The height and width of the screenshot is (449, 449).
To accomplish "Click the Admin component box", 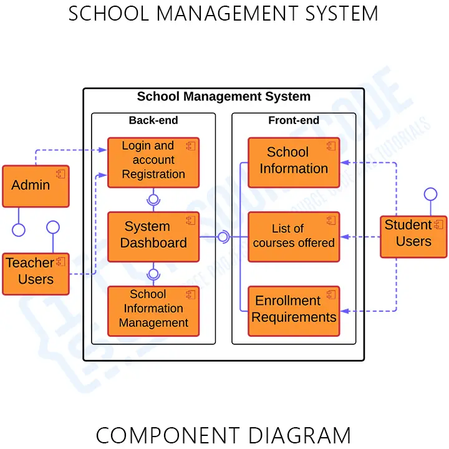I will coord(36,186).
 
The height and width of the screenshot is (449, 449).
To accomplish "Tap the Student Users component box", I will coord(413,236).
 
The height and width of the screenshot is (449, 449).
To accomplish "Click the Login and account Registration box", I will coord(153,162).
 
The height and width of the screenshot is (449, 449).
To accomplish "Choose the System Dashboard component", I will coord(153,236).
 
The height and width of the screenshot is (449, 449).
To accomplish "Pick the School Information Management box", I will coord(153,311).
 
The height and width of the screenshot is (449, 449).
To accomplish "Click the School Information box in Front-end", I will coord(294,162).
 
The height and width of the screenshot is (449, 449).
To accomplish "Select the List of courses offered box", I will coord(294,236).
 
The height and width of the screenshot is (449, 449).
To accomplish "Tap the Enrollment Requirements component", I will coord(294,311).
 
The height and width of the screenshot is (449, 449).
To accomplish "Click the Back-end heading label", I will coord(153,120).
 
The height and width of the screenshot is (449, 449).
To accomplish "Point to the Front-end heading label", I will coord(294,120).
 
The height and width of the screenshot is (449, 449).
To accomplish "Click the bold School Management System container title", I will coord(223,97).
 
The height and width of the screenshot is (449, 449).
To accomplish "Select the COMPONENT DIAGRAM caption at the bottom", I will coord(223,435).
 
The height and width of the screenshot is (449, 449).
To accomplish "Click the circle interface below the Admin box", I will coord(19,229).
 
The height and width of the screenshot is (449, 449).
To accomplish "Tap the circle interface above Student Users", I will coord(430,194).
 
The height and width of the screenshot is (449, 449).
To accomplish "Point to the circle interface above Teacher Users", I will coord(52,227).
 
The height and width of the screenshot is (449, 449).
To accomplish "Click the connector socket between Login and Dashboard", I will coord(153,200).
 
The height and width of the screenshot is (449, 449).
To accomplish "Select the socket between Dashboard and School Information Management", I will coord(153,274).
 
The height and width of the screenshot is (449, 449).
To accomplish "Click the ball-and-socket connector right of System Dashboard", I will coord(223,236).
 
